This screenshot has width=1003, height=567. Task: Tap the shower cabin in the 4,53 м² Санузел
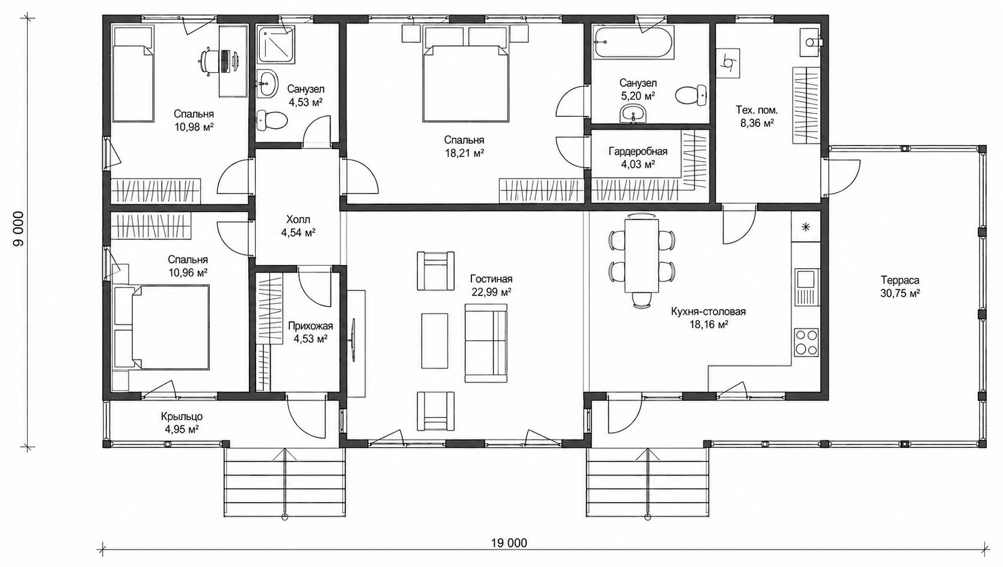(x=276, y=44)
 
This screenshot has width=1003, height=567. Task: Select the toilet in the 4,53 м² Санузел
(x=271, y=120)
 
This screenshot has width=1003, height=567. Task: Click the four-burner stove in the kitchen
(x=806, y=343)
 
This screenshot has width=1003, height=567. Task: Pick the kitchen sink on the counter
(x=807, y=287)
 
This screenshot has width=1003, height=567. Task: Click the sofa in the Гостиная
(x=486, y=343)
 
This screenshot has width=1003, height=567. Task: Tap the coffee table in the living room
(x=434, y=341)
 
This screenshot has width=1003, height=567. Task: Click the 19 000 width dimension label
(x=509, y=543)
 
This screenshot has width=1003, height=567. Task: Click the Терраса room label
(x=900, y=280)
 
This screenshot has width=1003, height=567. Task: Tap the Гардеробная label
(x=638, y=152)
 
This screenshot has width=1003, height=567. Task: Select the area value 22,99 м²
(x=492, y=292)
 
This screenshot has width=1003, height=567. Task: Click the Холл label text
(x=298, y=219)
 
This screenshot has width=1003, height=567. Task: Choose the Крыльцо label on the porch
(x=182, y=417)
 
